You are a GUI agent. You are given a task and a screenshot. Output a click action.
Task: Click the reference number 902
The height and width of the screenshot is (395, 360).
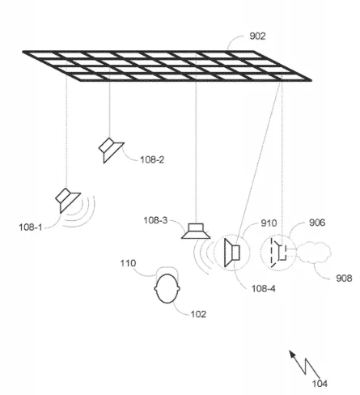click(257, 36)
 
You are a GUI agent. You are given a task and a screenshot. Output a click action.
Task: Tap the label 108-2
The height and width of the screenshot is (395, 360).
click(152, 159)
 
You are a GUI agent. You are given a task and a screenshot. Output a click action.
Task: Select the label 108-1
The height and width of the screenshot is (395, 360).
click(31, 227)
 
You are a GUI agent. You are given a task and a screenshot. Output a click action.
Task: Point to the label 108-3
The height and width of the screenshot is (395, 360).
click(155, 220)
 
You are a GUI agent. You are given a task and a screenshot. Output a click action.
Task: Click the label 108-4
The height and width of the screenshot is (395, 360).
click(264, 289)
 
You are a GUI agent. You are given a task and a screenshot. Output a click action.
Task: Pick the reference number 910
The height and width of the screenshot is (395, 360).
click(269, 223)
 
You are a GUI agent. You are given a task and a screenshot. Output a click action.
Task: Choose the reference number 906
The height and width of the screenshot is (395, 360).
click(317, 223)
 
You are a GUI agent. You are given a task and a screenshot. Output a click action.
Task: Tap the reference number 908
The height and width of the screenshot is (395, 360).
click(344, 278)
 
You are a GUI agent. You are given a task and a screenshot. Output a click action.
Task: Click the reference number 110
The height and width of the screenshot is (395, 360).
click(128, 263)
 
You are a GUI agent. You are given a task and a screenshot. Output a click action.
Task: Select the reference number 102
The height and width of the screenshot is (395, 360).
click(198, 314)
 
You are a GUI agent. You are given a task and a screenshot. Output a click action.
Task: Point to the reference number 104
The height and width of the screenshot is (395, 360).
click(320, 384)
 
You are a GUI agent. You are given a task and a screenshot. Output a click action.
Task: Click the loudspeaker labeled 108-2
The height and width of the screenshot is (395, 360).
click(111, 150)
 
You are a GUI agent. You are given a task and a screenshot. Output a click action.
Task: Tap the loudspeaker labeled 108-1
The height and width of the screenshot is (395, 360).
click(68, 200)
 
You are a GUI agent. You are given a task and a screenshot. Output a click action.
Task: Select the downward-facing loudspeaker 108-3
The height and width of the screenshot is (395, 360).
click(196, 231)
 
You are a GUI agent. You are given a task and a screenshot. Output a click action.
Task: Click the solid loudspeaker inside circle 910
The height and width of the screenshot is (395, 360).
click(232, 253)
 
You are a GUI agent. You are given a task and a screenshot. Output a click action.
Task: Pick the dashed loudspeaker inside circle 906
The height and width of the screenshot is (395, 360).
click(278, 253)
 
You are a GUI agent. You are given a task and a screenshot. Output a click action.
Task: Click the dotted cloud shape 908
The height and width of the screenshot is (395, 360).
click(314, 253)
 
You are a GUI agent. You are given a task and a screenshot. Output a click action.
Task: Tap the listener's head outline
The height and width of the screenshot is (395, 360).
click(167, 288)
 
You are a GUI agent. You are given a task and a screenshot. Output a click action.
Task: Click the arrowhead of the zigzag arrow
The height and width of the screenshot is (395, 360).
click(292, 354)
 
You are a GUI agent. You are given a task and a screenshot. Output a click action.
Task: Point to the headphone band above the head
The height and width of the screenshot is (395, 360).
click(167, 267)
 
